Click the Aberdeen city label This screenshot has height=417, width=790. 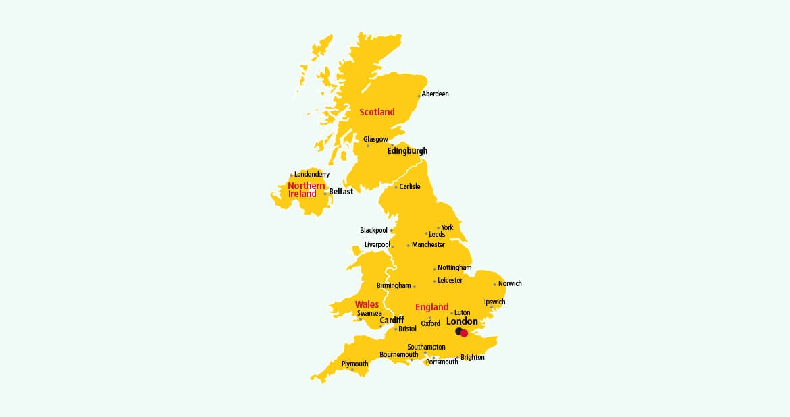(x=436, y=94)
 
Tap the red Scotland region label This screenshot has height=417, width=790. (x=377, y=112)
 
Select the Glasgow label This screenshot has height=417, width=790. (x=375, y=140)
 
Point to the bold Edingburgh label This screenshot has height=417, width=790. (x=407, y=151)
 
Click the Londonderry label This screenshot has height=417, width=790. (x=312, y=175)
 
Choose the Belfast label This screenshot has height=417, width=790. (x=341, y=192)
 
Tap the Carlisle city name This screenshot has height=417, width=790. (x=410, y=187)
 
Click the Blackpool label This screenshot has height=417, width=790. (x=373, y=231)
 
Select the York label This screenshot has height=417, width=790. (x=447, y=228)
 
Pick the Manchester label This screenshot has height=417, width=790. (x=428, y=245)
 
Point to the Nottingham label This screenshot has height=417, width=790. (x=454, y=268)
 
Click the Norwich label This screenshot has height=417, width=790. (x=510, y=284)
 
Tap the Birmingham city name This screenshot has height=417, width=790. (x=394, y=286)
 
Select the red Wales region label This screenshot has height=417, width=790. (x=367, y=304)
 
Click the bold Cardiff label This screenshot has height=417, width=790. (x=392, y=321)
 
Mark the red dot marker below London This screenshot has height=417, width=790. (x=464, y=333)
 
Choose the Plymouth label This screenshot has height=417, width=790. (x=354, y=364)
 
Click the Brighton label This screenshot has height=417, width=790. (x=473, y=358)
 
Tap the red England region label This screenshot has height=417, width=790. (x=431, y=308)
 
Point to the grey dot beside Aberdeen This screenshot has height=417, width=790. (x=419, y=96)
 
